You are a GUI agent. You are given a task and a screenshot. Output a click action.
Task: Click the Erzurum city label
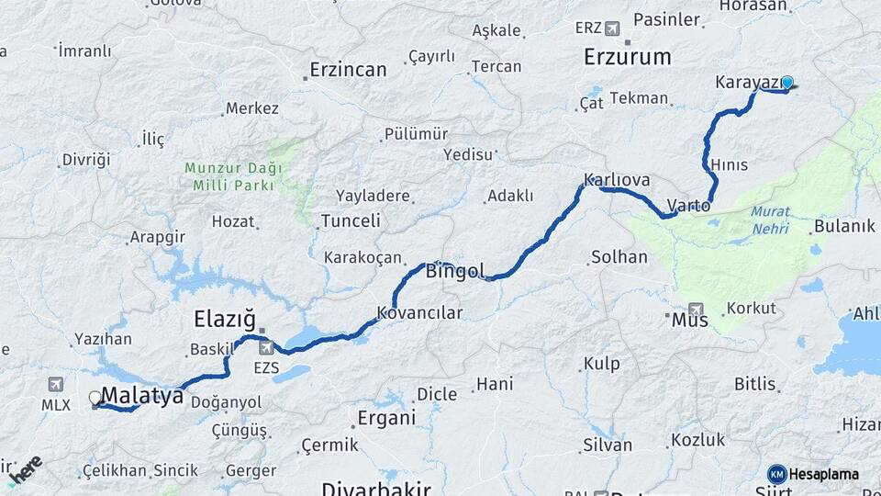628,57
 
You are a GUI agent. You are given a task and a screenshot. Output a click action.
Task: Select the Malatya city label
142,396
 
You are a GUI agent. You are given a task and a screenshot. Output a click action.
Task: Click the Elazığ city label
224,319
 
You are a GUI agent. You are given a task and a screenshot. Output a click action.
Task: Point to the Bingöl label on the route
455,270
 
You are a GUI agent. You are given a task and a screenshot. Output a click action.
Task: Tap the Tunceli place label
351,220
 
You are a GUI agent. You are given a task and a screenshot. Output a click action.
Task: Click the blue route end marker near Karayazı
786,83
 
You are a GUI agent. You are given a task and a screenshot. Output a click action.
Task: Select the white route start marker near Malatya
95,398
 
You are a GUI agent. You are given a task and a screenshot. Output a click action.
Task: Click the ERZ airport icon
612,28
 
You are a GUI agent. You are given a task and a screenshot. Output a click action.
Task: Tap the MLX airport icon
55,384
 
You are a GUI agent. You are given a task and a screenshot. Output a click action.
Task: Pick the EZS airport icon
267,347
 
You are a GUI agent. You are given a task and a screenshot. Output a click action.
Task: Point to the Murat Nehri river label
769,220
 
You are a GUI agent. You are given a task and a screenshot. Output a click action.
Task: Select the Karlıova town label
617,180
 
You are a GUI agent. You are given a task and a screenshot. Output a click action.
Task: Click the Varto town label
688,206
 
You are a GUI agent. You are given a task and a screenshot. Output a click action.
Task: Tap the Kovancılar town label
420,313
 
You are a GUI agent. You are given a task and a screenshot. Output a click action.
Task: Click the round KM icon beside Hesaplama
777,474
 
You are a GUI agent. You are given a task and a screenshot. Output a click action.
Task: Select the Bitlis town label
755,382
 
